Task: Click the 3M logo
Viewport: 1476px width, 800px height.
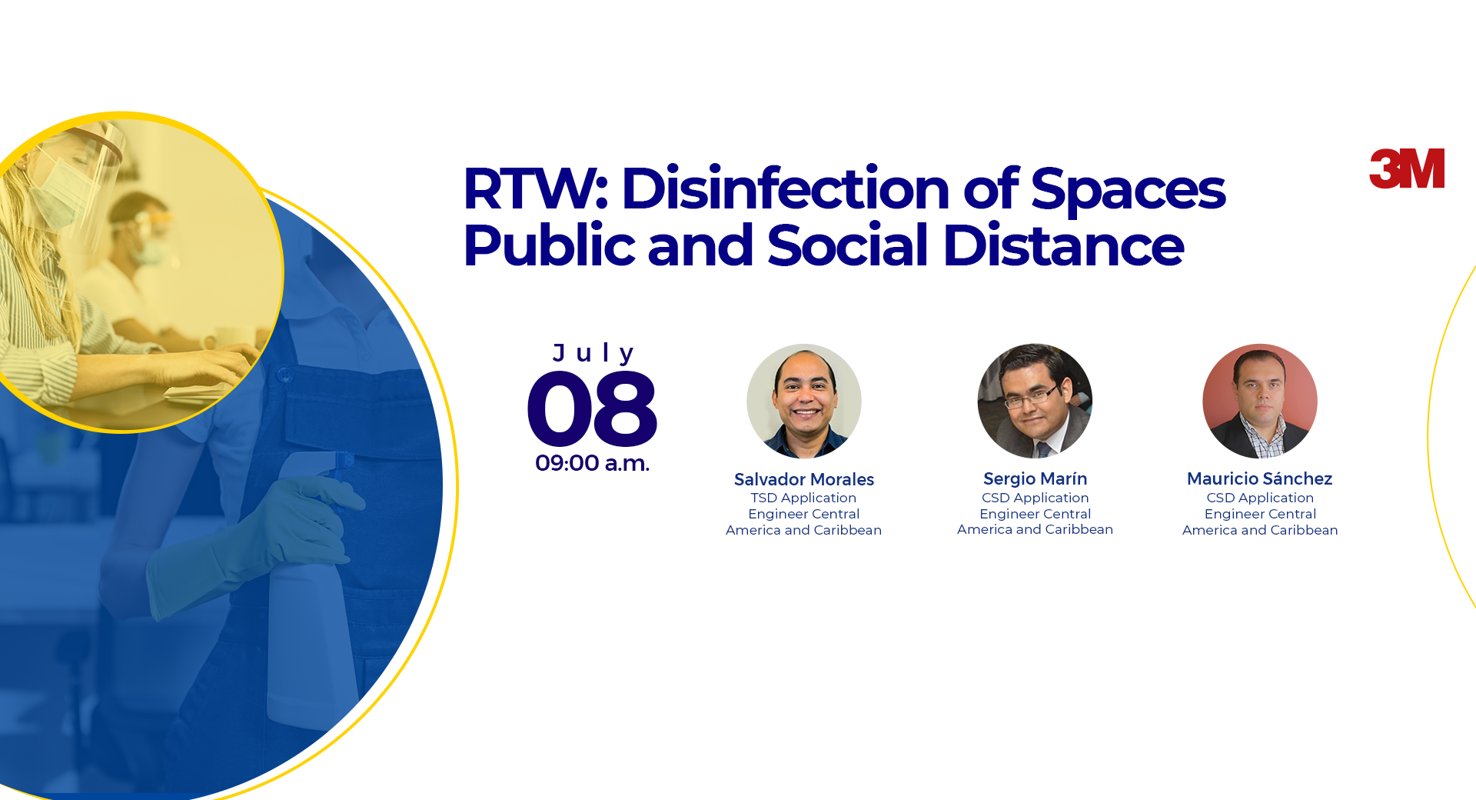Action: tap(1407, 168)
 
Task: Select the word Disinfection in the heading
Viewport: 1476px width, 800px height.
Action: tap(786, 188)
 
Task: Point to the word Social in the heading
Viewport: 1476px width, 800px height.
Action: tap(848, 245)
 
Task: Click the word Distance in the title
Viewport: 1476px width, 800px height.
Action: tap(1063, 245)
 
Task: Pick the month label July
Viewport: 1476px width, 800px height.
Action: tap(593, 353)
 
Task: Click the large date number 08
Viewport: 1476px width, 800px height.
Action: tap(592, 408)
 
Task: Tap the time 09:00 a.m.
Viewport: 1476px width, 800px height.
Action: tap(592, 463)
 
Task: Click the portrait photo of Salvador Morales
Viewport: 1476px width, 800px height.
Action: tap(804, 401)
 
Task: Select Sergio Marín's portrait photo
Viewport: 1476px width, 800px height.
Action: tap(1035, 401)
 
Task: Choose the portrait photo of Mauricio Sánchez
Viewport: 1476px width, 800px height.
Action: tap(1260, 401)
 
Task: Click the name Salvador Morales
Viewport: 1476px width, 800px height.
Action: tap(804, 479)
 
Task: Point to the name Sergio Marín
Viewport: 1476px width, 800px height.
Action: tap(1036, 479)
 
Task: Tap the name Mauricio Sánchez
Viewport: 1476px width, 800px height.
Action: tap(1260, 478)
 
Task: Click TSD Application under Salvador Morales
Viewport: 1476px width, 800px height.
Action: tap(804, 498)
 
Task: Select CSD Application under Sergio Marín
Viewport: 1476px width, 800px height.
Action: tap(1036, 498)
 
